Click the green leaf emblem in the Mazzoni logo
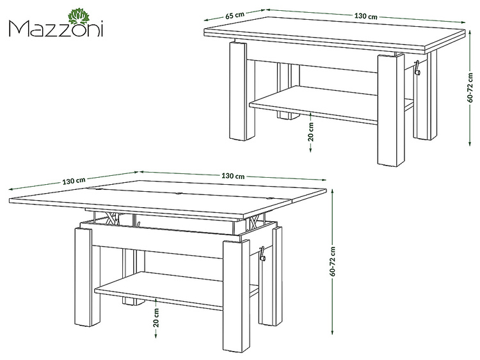pos(78,16)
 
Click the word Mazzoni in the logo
pos(56,29)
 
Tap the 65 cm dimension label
pos(235,15)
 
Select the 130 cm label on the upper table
pos(366,16)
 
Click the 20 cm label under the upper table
pos(311,132)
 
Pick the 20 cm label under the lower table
pos(156,318)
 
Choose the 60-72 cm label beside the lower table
pos(333,262)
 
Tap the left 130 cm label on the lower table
pos(74,181)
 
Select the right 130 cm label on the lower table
pos(233,176)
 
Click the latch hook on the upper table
pos(417,68)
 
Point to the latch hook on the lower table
pos(262,254)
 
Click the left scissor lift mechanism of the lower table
pos(112,218)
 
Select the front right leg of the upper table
pos(391,111)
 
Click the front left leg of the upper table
pos(238,91)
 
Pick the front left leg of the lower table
pos(83,277)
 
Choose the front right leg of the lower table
pos(236,296)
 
